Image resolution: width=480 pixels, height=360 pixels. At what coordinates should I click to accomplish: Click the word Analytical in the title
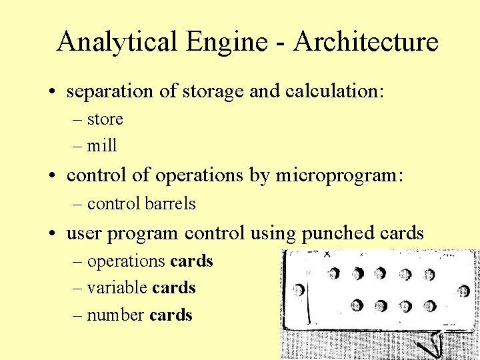click(116, 41)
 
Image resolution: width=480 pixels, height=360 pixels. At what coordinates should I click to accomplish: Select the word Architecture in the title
click(366, 41)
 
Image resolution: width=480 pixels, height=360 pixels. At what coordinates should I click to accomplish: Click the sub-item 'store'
click(105, 119)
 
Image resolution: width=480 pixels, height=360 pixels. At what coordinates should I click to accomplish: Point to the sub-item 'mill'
click(102, 145)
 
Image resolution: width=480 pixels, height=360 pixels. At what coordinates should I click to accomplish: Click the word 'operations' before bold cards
click(126, 261)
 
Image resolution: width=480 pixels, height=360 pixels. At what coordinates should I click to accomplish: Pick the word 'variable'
click(117, 288)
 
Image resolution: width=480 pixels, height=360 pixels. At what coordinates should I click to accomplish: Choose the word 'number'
click(116, 315)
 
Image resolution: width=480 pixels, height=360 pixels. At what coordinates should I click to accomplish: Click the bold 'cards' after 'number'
click(171, 315)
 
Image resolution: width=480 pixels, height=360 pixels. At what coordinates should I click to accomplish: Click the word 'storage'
click(207, 91)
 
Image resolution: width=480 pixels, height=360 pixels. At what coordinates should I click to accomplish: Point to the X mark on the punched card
click(327, 254)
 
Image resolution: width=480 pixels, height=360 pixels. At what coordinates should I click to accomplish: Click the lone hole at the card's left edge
click(299, 289)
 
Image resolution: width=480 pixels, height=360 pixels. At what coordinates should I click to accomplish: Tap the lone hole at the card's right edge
click(463, 291)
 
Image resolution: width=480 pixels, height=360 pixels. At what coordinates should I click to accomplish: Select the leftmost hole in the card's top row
click(333, 273)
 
